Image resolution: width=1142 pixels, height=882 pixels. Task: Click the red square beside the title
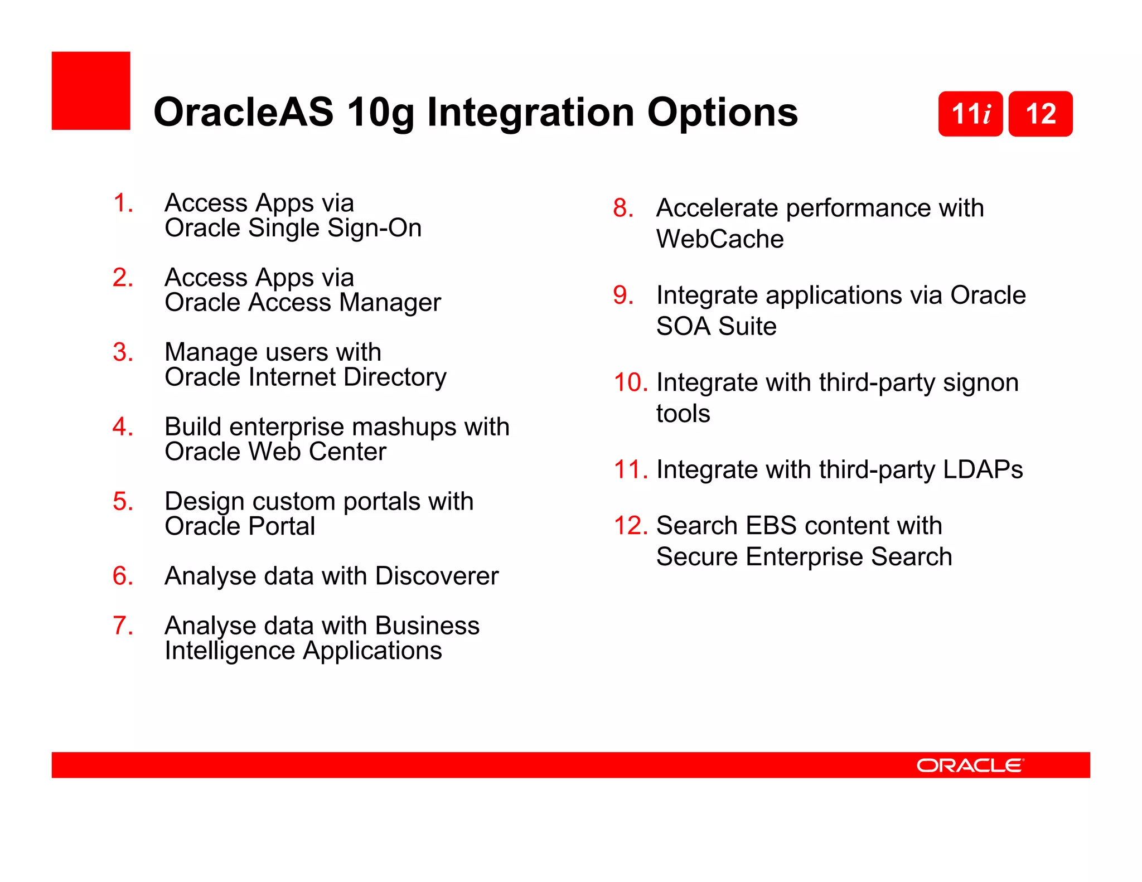91,91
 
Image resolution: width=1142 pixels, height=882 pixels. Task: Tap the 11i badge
970,114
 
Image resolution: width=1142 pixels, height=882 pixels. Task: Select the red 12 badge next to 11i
1041,114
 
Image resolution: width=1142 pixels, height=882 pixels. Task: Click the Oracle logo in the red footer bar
970,765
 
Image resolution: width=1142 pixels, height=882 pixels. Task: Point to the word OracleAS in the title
243,112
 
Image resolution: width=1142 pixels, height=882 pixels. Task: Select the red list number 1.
122,203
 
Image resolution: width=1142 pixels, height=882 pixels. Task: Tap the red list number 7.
122,626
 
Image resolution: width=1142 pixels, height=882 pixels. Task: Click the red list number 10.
630,383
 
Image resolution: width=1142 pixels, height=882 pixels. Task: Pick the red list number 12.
630,526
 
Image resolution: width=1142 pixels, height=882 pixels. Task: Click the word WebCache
720,239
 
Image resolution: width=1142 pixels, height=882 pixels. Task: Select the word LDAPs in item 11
983,469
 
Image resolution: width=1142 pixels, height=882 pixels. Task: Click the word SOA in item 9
683,326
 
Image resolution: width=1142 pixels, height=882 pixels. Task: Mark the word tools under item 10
683,414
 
